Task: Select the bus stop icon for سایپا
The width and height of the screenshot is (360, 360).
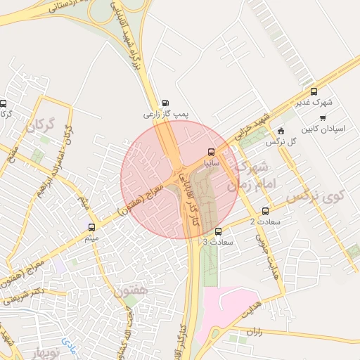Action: [211, 152]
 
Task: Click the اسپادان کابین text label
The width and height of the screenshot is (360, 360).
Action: [321, 129]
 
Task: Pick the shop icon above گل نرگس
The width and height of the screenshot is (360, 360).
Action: [281, 131]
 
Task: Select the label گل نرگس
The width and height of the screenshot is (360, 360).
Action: [280, 141]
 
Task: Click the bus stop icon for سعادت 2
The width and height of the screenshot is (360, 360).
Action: [265, 211]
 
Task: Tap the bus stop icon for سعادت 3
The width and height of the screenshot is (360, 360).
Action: [218, 231]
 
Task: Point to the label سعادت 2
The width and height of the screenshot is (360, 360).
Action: [262, 222]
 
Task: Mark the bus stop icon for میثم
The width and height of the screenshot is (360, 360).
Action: [91, 227]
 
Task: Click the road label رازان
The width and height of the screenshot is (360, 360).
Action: [254, 330]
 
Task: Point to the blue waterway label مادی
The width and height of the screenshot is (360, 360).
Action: [69, 345]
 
